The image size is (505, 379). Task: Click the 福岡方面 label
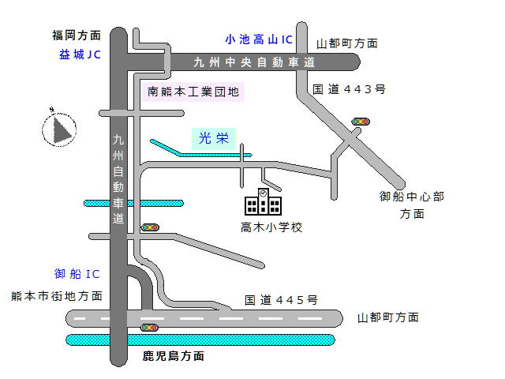(x=77, y=36)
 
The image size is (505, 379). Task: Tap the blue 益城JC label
(x=80, y=54)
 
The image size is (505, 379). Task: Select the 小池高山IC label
(x=258, y=38)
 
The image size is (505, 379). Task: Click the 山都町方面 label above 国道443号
(x=346, y=43)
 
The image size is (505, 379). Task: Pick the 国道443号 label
(x=348, y=90)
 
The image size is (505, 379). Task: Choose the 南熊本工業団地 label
(x=193, y=92)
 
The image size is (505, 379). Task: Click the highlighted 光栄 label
(x=213, y=139)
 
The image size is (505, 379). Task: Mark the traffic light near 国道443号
(x=361, y=122)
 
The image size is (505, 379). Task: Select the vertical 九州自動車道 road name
(x=118, y=179)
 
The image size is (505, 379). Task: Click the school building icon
(x=263, y=202)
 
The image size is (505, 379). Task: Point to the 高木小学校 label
(x=271, y=227)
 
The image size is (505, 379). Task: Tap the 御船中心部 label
(x=412, y=197)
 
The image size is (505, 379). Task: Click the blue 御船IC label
(x=77, y=274)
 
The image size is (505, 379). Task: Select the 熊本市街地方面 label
(x=57, y=296)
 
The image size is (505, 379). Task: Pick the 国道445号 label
(x=281, y=300)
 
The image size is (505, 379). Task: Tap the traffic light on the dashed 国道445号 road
(x=148, y=327)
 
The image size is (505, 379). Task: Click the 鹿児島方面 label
(x=174, y=356)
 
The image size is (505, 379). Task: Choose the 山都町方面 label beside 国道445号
(x=387, y=317)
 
